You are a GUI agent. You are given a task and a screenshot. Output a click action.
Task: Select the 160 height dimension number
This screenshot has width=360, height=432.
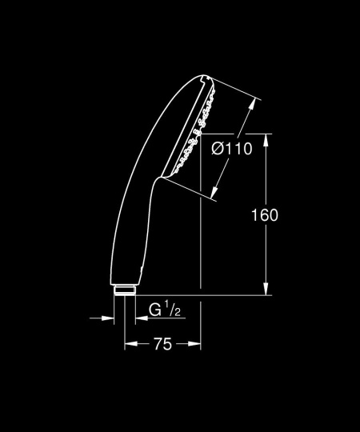click(264, 215)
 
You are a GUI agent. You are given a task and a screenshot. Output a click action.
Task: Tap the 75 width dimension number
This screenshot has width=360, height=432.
click(162, 344)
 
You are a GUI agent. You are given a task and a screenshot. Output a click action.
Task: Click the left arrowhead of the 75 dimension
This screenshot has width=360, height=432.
click(129, 344)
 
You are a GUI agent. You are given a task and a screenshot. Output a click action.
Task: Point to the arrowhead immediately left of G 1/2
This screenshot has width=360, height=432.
click(139, 318)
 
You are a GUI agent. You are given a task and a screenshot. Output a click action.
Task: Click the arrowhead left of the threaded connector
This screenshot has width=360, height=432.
click(110, 318)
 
